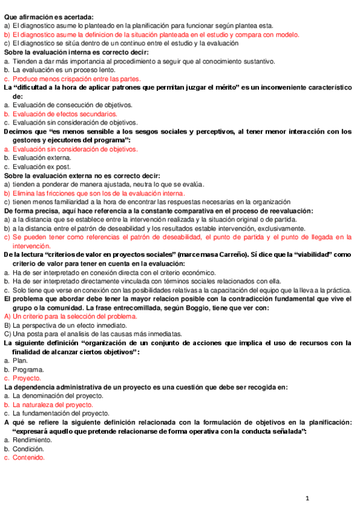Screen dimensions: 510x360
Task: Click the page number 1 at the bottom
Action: [x=307, y=499]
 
